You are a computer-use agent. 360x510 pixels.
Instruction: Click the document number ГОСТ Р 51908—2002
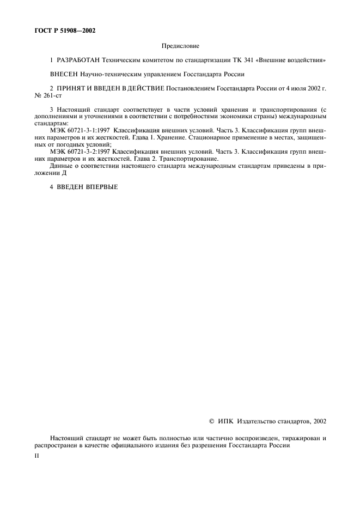tap(62, 31)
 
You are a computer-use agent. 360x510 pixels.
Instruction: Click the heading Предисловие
tap(180, 47)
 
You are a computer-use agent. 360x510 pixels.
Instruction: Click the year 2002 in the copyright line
tap(316, 421)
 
